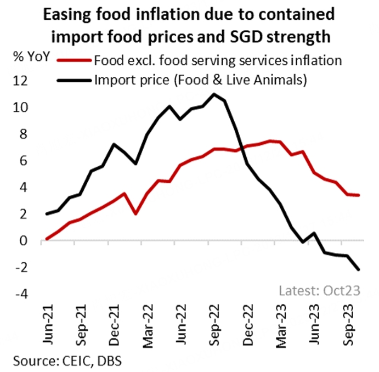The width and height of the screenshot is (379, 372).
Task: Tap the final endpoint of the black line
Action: click(359, 269)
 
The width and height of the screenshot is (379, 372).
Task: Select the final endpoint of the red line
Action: click(359, 195)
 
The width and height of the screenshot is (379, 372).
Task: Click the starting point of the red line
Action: click(47, 239)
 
